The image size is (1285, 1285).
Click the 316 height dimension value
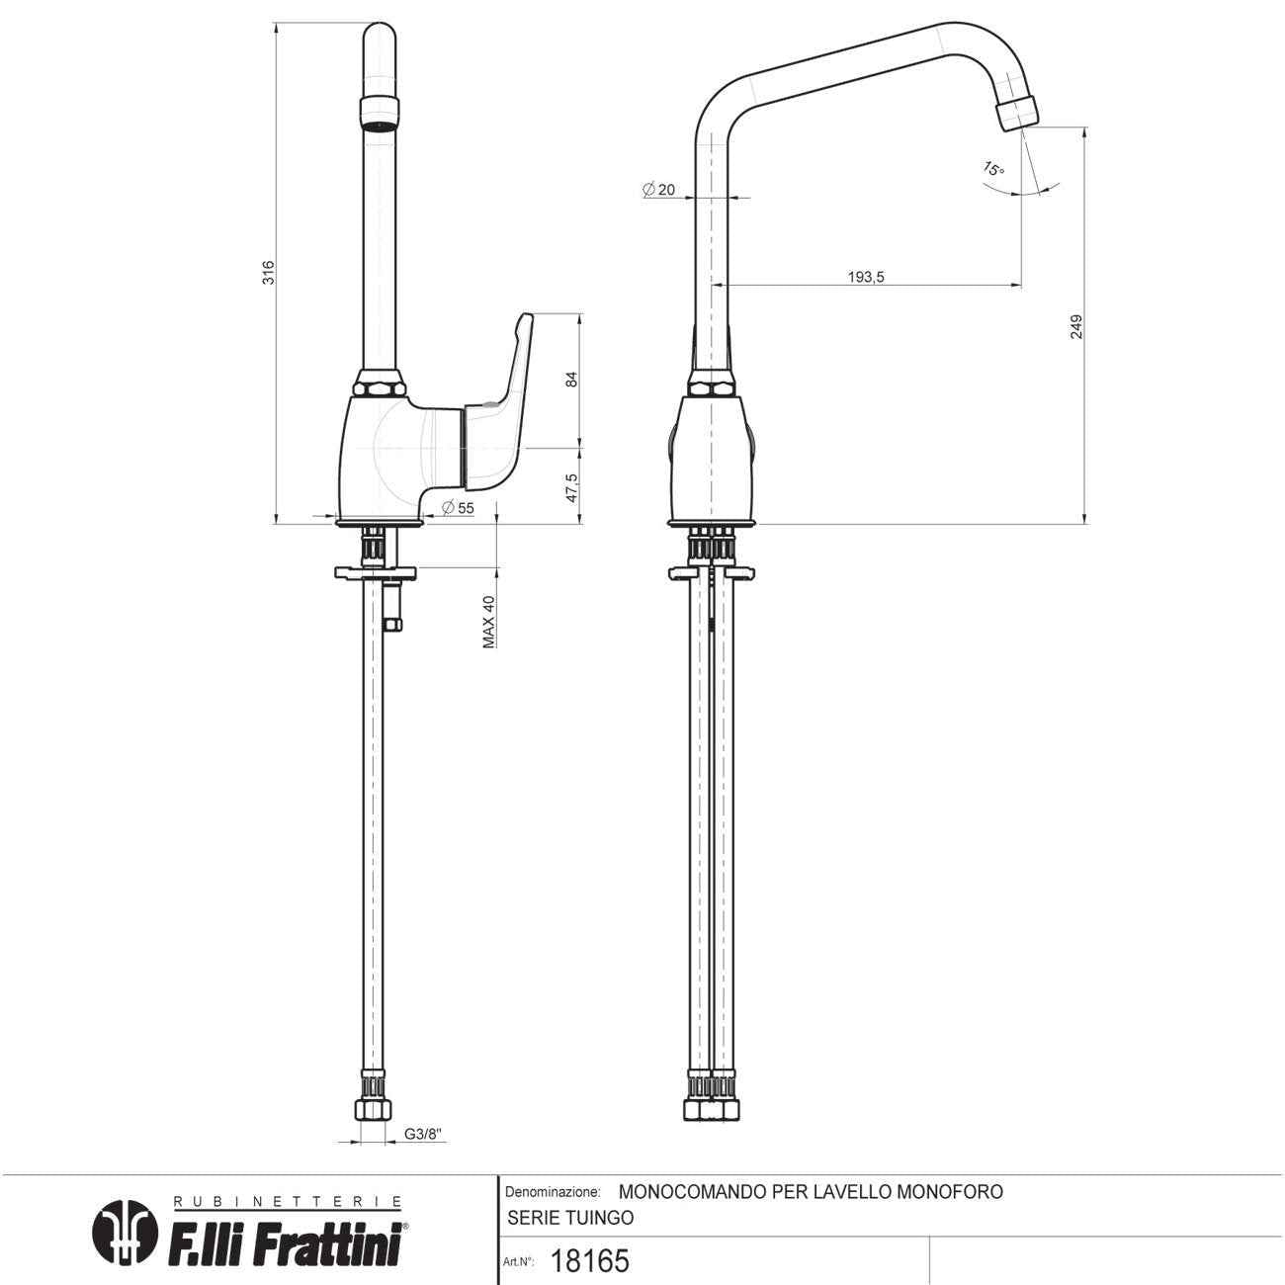point(268,273)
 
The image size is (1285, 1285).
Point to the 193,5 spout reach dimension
point(866,277)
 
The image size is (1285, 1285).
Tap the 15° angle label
point(993,169)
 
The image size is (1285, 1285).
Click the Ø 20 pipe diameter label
point(659,190)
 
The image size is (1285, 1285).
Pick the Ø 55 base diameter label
point(458,508)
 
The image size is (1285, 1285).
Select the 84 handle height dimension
point(571,380)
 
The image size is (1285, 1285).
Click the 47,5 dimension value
point(571,488)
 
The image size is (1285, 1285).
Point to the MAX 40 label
point(488,622)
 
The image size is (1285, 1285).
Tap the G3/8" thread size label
point(423,1134)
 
